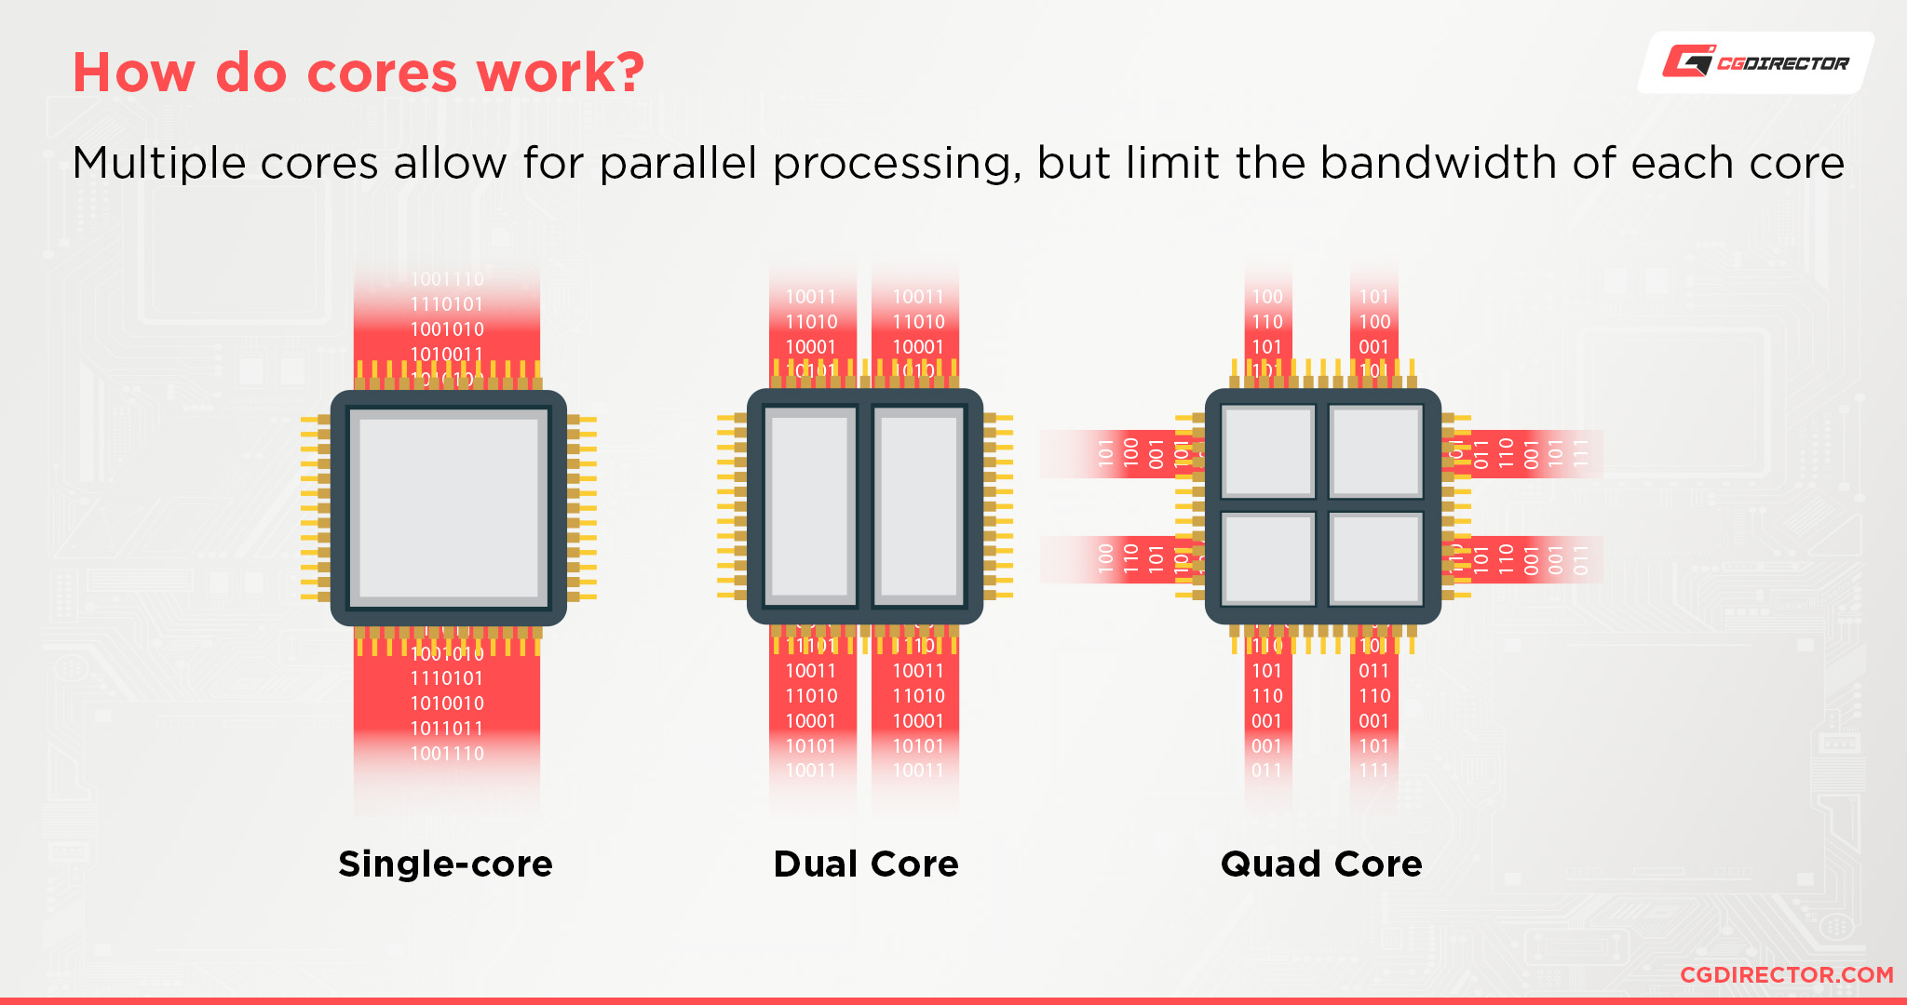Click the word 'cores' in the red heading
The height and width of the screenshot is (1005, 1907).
pyautogui.click(x=382, y=73)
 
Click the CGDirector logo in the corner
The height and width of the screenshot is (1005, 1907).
pyautogui.click(x=1755, y=62)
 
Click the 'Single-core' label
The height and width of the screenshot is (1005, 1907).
pyautogui.click(x=445, y=864)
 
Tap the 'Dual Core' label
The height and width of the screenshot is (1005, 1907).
pyautogui.click(x=866, y=864)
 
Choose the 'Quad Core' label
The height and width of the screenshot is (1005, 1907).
pyautogui.click(x=1321, y=864)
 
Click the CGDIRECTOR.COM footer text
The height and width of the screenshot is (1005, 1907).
pyautogui.click(x=1786, y=974)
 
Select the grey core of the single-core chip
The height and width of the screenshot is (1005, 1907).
pyautogui.click(x=449, y=507)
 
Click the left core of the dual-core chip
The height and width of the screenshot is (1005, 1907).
pyautogui.click(x=810, y=507)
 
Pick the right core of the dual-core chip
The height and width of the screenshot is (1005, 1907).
pyautogui.click(x=919, y=507)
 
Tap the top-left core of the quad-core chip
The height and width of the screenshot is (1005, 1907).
pyautogui.click(x=1267, y=452)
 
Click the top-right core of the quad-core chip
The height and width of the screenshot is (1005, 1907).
pyautogui.click(x=1375, y=452)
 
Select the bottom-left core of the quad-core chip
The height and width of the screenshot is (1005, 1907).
pyautogui.click(x=1267, y=559)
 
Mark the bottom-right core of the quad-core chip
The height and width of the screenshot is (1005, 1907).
pyautogui.click(x=1375, y=559)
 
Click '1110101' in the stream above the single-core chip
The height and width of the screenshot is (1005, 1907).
pyautogui.click(x=447, y=304)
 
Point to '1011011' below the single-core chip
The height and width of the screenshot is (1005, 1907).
pyautogui.click(x=447, y=729)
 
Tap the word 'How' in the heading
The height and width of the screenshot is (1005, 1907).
pyautogui.click(x=134, y=73)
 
